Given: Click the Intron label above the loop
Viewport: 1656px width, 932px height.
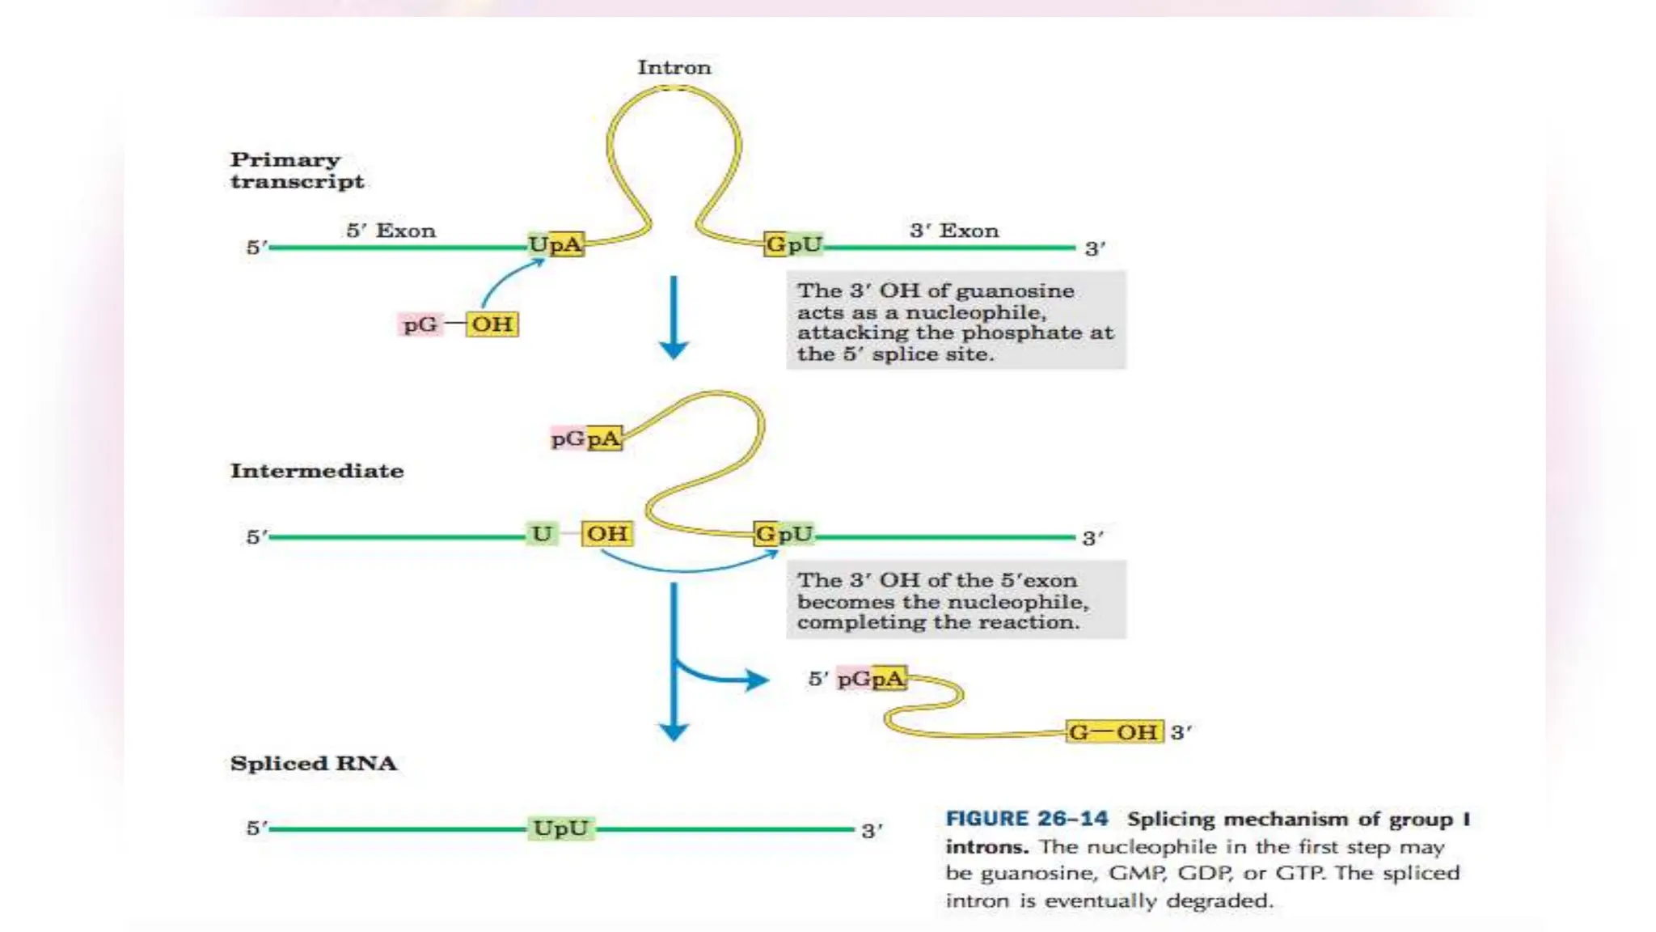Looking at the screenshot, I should pos(674,67).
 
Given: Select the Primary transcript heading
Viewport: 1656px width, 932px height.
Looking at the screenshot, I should pos(297,170).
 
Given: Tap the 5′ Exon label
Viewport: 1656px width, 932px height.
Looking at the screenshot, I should pos(391,231).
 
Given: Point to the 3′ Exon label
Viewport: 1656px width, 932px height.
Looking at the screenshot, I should pos(954,231).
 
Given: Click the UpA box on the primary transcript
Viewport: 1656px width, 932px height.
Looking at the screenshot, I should pos(556,244).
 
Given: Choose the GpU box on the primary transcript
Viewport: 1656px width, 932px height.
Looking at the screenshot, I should pos(793,244).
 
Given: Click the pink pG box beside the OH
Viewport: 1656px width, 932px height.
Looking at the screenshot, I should pos(420,324).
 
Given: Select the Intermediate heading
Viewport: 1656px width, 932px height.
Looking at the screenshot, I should pos(316,471).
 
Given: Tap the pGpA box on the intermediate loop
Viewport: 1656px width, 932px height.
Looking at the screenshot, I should pos(585,438).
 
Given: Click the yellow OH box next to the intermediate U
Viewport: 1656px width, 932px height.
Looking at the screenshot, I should pos(606,534).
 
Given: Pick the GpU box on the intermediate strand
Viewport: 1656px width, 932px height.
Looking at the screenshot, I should pos(783,534).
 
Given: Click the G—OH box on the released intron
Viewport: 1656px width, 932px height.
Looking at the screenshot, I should pos(1113,732).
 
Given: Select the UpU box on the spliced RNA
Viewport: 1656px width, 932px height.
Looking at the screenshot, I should pos(560,828).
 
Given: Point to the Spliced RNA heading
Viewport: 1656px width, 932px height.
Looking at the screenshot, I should pos(313,764).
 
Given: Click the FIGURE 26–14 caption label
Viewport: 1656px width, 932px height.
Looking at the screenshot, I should pos(1026,819).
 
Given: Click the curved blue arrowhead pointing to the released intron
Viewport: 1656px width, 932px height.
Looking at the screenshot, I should pos(755,680).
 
